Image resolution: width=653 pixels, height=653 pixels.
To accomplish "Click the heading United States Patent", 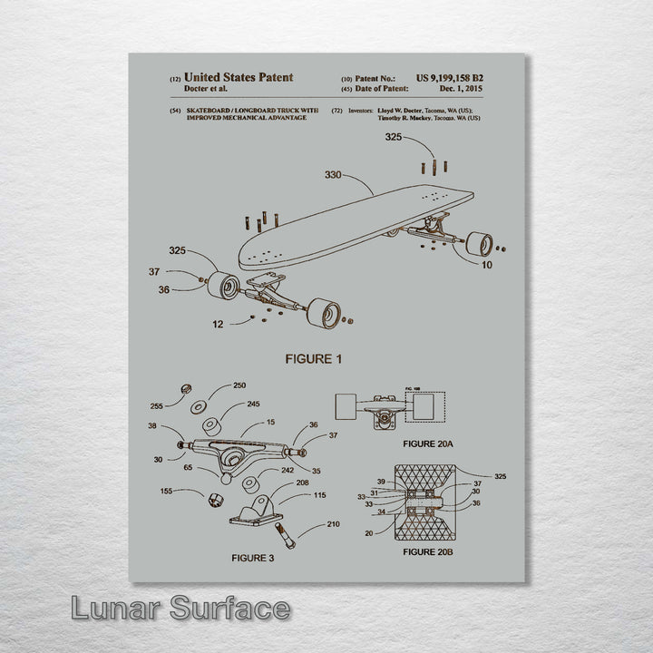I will (x=238, y=78).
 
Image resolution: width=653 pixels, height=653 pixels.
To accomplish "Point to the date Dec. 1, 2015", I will (x=461, y=89).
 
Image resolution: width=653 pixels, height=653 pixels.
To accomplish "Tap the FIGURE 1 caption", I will (x=314, y=359).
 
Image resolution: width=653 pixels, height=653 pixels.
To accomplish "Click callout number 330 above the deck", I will (x=334, y=175).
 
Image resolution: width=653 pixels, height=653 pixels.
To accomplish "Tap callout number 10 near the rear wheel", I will (x=488, y=265).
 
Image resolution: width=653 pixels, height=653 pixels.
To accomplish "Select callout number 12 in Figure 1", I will (x=218, y=324).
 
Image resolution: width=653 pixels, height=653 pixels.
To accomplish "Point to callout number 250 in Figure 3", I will (x=239, y=385).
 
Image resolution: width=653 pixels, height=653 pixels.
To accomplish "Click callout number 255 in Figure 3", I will (x=157, y=406).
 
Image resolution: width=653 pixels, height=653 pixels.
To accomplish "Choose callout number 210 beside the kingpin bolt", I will (x=334, y=524).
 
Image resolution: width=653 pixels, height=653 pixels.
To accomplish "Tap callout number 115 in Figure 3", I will (x=319, y=494).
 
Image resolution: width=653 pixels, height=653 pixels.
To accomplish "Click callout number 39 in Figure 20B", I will (x=382, y=481).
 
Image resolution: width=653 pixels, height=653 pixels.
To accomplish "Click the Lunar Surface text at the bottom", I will (x=181, y=609).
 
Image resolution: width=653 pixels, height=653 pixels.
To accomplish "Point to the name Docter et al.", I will (x=206, y=89).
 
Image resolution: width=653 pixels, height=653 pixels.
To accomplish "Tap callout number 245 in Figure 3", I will (x=253, y=404).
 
